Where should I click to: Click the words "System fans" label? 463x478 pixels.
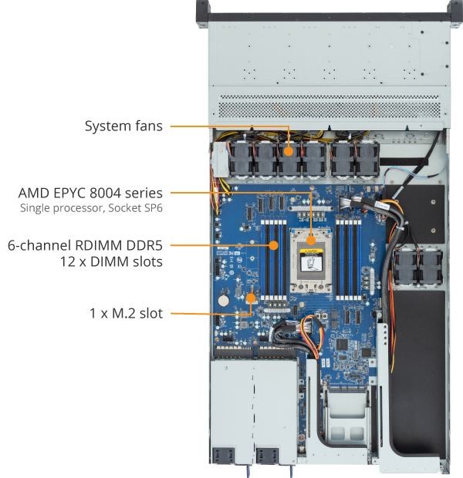pos(123,126)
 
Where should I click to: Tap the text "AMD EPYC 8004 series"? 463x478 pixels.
pos(90,193)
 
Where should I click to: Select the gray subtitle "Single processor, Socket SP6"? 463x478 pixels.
pos(91,208)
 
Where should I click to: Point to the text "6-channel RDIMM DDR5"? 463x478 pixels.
pos(85,245)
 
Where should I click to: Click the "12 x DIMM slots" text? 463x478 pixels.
pos(111,261)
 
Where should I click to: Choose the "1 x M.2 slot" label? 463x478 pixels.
pos(126,313)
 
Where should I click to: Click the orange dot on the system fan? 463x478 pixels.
pos(289,152)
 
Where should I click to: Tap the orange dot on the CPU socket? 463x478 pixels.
pos(311,241)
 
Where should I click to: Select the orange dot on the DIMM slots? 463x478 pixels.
pos(274,245)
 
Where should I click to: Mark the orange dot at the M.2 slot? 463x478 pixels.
pos(251,298)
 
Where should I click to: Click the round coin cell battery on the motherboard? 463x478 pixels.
pos(224,301)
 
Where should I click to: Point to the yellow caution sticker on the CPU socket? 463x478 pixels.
pos(311,251)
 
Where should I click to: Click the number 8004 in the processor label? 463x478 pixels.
pos(105,193)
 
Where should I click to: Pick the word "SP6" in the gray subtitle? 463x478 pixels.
pos(154,208)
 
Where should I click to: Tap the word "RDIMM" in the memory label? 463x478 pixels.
pos(100,245)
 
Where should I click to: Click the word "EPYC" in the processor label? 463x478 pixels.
pos(70,193)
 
